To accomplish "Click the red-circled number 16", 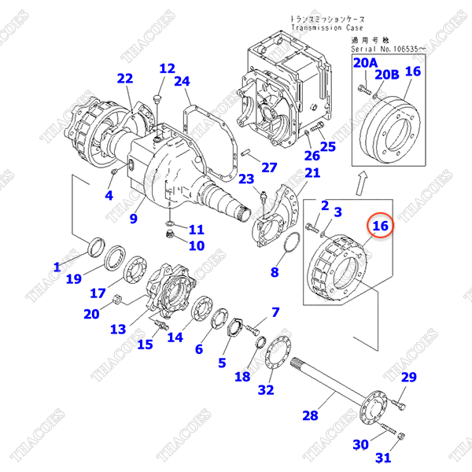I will (381, 227).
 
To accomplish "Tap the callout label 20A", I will (364, 62).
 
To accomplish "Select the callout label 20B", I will (387, 75).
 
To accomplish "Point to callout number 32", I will (265, 389).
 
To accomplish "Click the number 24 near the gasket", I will (183, 81).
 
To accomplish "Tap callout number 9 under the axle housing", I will (134, 218).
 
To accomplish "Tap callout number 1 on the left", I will (57, 267).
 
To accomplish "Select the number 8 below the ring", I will (275, 272).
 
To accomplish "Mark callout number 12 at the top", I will (166, 68).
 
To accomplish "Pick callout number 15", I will (146, 344).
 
